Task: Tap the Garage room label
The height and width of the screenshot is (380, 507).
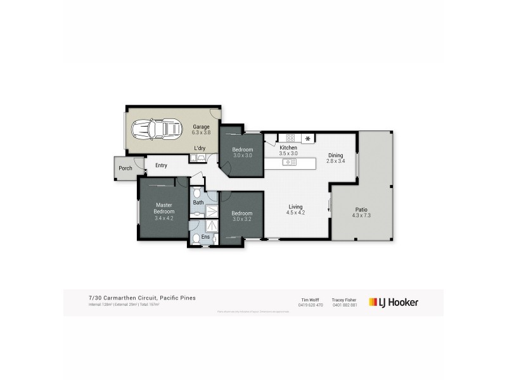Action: tap(202, 127)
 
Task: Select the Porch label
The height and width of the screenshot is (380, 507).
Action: tap(125, 168)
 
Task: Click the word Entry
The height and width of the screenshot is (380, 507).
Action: tap(161, 166)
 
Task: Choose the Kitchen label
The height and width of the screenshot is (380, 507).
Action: tap(288, 148)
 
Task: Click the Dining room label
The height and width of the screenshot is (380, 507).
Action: tap(335, 155)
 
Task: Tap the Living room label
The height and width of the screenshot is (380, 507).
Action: tap(295, 207)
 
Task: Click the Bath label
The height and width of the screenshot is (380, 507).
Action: tap(198, 203)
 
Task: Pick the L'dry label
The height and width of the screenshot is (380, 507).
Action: tap(200, 149)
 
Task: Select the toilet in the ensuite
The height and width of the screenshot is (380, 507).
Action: tap(197, 239)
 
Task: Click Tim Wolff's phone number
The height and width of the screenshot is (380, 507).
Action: tap(311, 305)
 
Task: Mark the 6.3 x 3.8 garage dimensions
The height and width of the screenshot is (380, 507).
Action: tap(202, 133)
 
